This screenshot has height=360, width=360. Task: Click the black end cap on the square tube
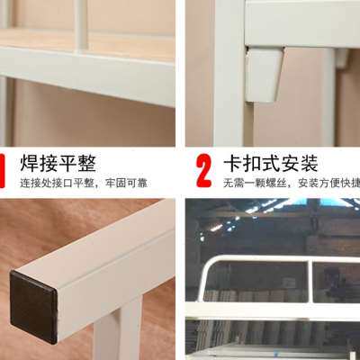(33, 306)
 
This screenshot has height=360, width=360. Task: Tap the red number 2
(204, 168)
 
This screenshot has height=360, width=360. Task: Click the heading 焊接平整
(58, 163)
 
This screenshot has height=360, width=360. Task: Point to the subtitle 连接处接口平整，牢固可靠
(84, 183)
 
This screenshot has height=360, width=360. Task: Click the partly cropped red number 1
(4, 168)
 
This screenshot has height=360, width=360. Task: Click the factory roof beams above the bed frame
(270, 216)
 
